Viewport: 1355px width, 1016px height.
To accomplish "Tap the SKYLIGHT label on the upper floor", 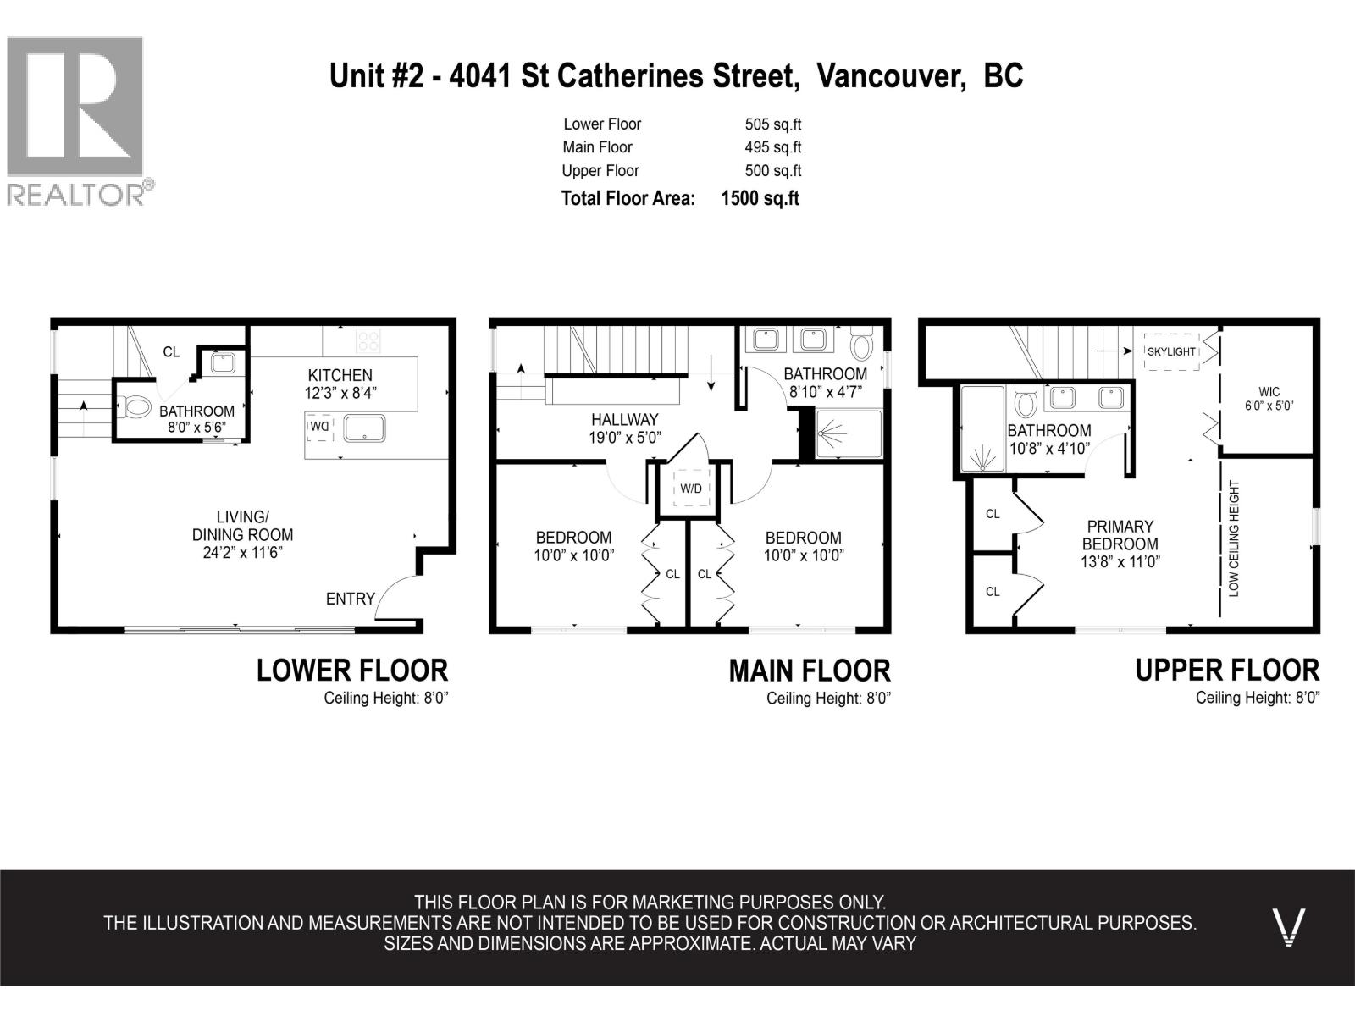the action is point(1171,351).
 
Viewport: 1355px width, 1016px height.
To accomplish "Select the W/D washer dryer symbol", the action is point(691,488).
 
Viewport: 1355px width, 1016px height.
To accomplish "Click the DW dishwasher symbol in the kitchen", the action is point(320,427).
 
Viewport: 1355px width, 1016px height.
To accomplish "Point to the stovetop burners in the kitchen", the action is point(368,341).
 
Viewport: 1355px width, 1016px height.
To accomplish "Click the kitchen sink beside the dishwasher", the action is point(364,428).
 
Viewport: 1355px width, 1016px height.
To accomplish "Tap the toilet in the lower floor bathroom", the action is point(134,407).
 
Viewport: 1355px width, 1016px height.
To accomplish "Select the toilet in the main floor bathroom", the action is point(861,343).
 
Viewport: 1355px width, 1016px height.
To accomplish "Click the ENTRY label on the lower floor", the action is point(350,599).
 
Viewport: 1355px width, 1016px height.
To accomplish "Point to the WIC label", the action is point(1269,392).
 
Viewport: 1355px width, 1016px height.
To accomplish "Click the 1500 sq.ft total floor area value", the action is point(760,199).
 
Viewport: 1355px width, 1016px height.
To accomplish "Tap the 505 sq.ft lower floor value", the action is point(773,124).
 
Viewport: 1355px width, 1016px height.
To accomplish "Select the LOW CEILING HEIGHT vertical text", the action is point(1233,538).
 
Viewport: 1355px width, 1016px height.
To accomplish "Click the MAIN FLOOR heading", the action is point(810,671).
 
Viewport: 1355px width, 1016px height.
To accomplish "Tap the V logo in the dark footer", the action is point(1288,927).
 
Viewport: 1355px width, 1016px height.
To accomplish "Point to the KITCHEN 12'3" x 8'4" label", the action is point(340,384).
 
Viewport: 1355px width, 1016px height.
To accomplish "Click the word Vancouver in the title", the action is point(891,76).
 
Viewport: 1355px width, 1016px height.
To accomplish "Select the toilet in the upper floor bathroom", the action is point(1026,402).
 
